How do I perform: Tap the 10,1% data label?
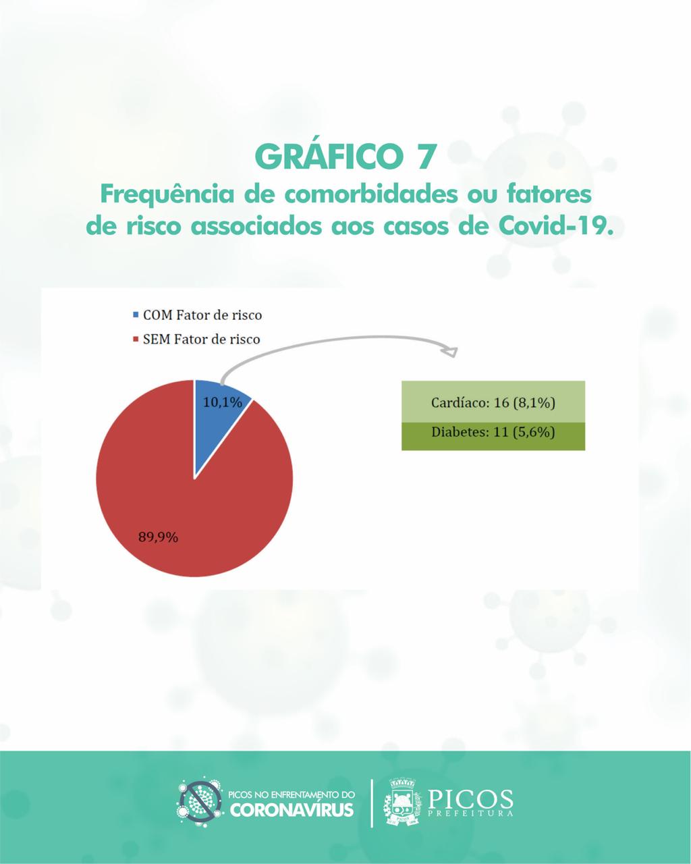(x=223, y=402)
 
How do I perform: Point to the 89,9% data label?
(x=158, y=537)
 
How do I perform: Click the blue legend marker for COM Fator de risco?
(x=136, y=314)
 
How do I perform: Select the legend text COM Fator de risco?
(x=202, y=315)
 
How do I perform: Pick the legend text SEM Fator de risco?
(x=202, y=340)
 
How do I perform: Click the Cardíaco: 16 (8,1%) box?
(x=493, y=402)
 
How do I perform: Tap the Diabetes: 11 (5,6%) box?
(x=493, y=436)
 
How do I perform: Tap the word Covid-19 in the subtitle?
(x=555, y=226)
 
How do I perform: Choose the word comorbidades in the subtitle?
(x=371, y=194)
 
